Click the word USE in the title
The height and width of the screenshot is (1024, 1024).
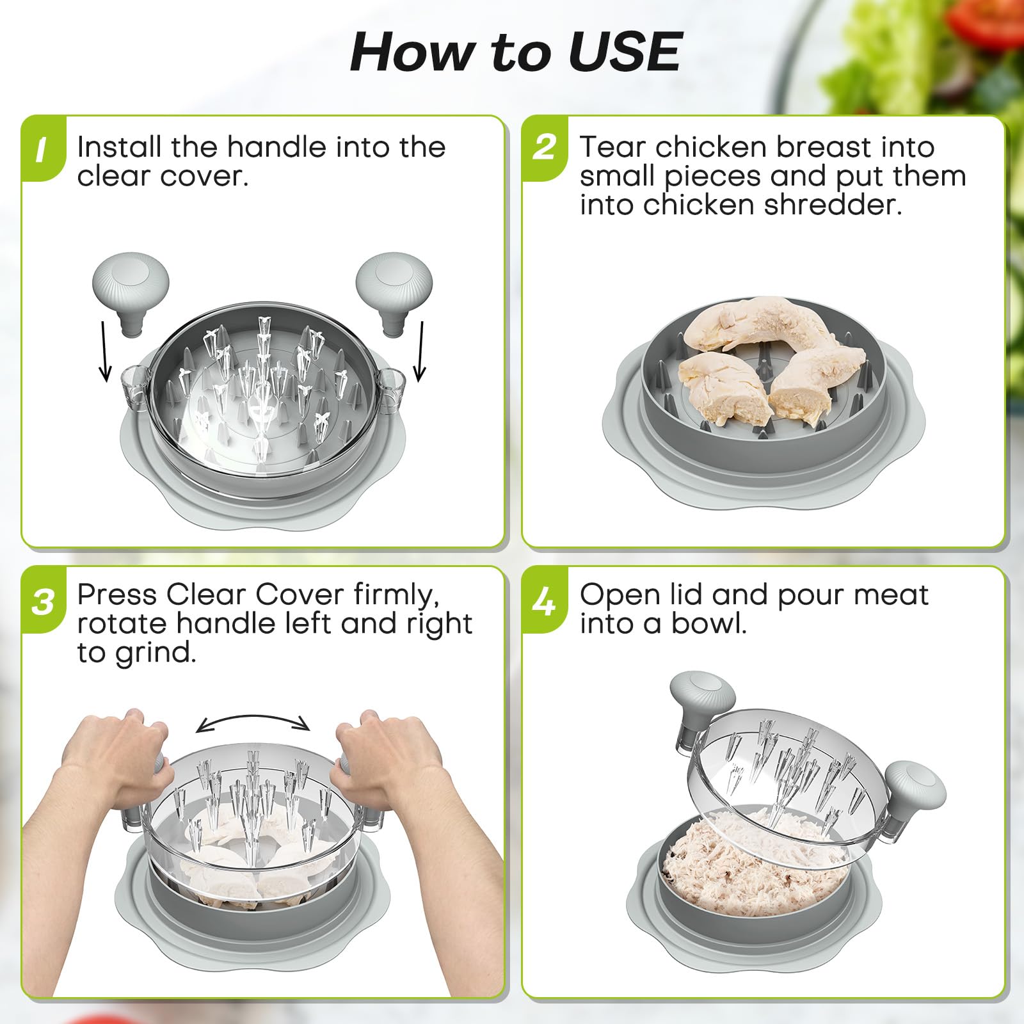(625, 52)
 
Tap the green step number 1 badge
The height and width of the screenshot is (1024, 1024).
(43, 149)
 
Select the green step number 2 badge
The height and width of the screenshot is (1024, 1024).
(545, 148)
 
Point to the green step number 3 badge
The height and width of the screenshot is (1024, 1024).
(43, 601)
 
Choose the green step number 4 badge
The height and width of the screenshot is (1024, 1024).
(545, 601)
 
